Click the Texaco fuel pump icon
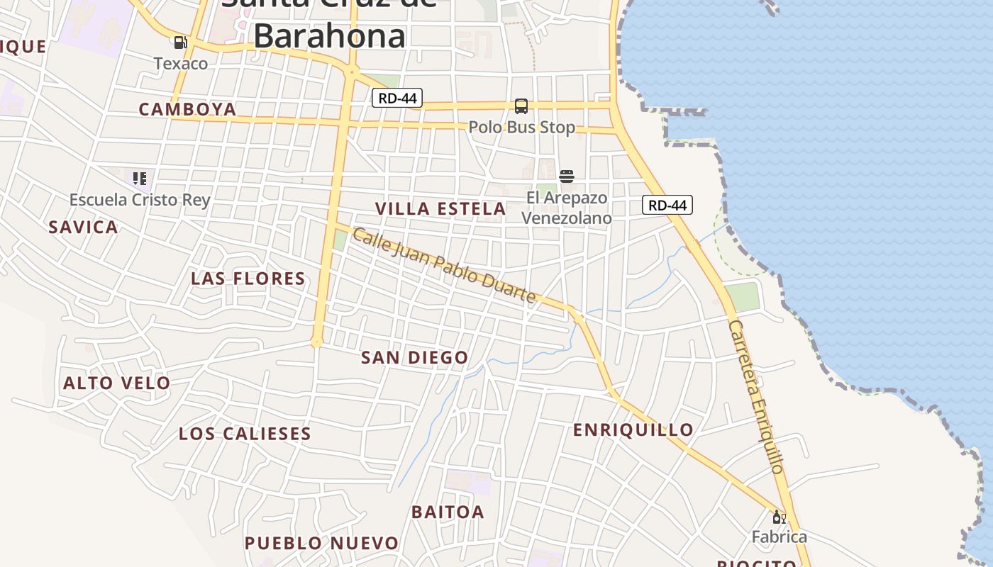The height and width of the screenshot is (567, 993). click(x=181, y=43)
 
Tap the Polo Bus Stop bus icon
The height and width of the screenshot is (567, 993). click(x=521, y=106)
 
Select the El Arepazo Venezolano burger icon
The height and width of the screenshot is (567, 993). click(x=566, y=176)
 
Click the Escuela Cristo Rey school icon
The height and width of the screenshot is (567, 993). click(x=140, y=178)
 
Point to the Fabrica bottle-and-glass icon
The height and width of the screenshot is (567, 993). click(x=779, y=517)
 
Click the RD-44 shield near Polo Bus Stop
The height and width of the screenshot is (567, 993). click(x=397, y=99)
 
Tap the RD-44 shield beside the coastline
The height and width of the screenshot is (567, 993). click(x=667, y=206)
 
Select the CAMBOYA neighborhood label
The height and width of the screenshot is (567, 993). click(x=187, y=109)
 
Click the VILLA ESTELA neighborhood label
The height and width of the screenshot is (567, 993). click(x=440, y=209)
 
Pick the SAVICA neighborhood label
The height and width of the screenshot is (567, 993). click(x=83, y=228)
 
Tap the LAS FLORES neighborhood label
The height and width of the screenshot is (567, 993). click(x=248, y=279)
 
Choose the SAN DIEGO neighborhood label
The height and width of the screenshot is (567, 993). click(x=415, y=358)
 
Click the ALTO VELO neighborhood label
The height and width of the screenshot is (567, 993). click(x=117, y=383)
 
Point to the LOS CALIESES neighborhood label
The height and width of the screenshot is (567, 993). click(x=245, y=434)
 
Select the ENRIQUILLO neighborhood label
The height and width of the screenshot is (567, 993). click(x=633, y=430)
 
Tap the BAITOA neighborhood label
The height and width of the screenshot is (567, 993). click(x=448, y=512)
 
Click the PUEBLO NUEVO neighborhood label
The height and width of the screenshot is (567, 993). click(x=321, y=544)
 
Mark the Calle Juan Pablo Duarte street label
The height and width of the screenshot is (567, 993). click(x=444, y=266)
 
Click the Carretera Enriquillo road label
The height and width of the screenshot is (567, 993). click(x=756, y=397)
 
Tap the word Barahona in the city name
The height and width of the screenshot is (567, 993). click(x=330, y=35)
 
